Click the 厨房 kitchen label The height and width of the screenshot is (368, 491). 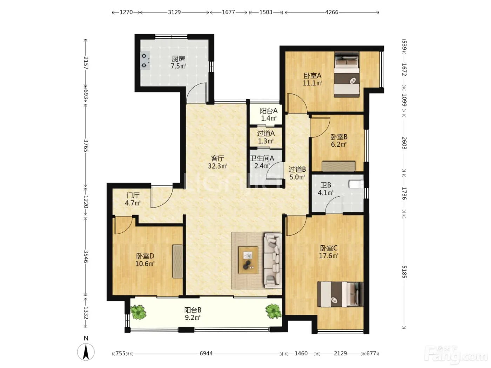178,59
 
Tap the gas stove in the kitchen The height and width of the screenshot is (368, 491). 145,61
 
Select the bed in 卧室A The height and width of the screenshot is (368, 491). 347,75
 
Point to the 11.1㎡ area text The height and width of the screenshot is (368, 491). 312,83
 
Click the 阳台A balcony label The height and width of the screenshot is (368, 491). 269,111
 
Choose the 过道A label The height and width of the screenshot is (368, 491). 266,134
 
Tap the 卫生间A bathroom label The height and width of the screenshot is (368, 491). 262,158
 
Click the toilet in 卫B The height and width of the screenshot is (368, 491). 356,184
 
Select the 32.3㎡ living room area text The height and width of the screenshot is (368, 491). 217,166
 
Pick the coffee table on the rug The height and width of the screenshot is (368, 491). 248,260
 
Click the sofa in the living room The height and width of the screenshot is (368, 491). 273,260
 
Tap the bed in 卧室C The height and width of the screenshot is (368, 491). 340,294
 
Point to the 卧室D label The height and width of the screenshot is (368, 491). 145,256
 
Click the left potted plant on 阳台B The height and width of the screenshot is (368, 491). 139,312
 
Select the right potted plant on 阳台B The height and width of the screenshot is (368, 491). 273,311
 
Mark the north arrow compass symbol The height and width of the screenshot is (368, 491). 86,352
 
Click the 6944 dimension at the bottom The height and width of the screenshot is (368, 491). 206,354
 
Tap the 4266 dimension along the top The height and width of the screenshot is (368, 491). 331,12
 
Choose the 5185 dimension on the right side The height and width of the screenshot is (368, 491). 404,272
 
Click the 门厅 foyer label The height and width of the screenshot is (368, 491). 133,196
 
